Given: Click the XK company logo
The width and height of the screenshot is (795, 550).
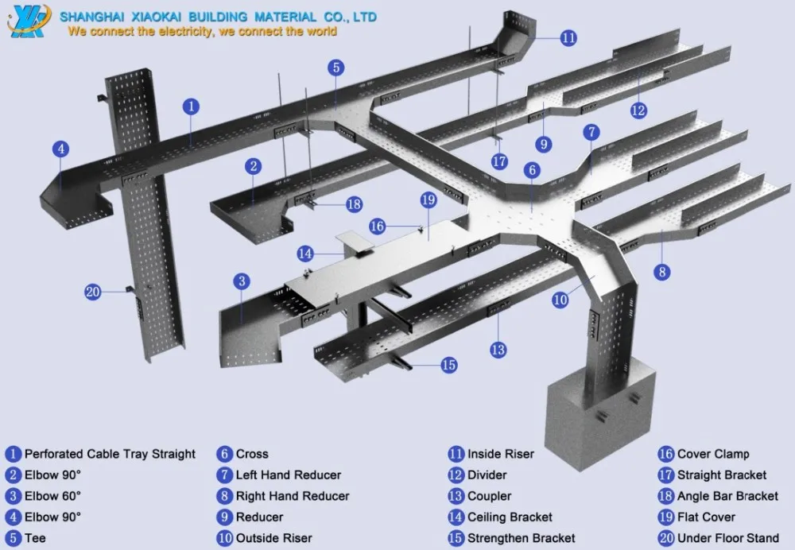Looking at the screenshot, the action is pyautogui.click(x=29, y=21).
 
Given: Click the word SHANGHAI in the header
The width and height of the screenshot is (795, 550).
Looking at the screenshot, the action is pyautogui.click(x=91, y=17).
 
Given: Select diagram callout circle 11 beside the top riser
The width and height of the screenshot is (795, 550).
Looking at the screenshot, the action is pyautogui.click(x=568, y=37).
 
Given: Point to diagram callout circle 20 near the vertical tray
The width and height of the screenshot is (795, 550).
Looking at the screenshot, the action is pyautogui.click(x=93, y=292).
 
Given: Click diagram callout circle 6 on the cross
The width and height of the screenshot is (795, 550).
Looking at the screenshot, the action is pyautogui.click(x=533, y=170).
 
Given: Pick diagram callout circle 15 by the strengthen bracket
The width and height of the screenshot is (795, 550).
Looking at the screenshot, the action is pyautogui.click(x=448, y=365).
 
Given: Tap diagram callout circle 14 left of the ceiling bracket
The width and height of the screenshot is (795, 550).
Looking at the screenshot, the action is pyautogui.click(x=305, y=254).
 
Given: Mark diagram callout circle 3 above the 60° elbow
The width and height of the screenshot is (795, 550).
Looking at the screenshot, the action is pyautogui.click(x=242, y=281).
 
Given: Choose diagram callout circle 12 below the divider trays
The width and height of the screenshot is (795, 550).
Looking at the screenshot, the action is pyautogui.click(x=638, y=110).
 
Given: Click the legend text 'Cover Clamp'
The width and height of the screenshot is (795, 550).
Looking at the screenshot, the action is pyautogui.click(x=713, y=454).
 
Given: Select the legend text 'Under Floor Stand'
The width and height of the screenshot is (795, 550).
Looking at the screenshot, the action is pyautogui.click(x=728, y=538).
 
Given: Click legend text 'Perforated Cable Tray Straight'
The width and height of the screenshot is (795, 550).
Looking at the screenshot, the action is pyautogui.click(x=110, y=454).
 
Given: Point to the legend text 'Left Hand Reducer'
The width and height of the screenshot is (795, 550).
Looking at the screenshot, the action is pyautogui.click(x=289, y=475).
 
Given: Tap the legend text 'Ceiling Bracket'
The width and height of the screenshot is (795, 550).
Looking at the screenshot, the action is pyautogui.click(x=510, y=517).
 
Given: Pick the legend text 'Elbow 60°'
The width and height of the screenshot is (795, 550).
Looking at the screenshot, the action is pyautogui.click(x=52, y=496).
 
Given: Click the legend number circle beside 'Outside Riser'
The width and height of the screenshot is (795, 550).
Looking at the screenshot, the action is pyautogui.click(x=225, y=538).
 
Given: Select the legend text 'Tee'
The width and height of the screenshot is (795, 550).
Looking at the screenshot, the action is pyautogui.click(x=35, y=538).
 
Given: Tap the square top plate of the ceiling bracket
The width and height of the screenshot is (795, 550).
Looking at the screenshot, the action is pyautogui.click(x=355, y=241).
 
